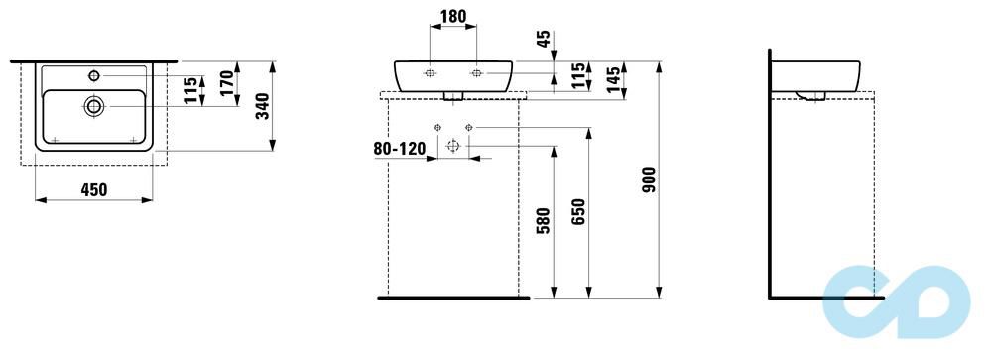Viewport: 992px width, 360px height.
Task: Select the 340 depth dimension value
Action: (x=262, y=106)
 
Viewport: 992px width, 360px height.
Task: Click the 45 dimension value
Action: (x=541, y=40)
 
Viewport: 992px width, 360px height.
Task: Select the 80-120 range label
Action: (x=399, y=149)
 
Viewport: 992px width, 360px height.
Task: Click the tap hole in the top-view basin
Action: (x=94, y=75)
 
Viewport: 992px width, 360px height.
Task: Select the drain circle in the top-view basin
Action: (x=94, y=104)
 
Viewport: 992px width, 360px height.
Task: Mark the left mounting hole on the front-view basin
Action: (x=430, y=73)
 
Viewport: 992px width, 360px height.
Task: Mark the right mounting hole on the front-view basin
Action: (x=476, y=73)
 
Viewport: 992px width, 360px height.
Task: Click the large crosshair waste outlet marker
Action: (x=453, y=146)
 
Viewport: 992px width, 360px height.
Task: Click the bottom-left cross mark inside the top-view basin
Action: (x=56, y=139)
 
